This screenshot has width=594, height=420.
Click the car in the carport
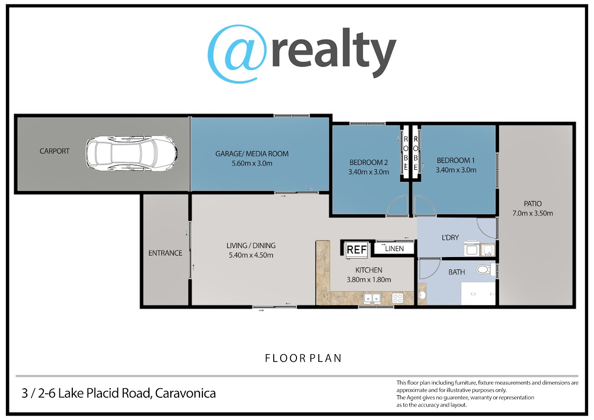(x=131, y=153)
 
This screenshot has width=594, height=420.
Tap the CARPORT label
(x=54, y=151)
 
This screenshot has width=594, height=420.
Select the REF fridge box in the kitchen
(x=357, y=250)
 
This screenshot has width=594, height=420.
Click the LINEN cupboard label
(x=395, y=249)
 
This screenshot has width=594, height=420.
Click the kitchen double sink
(x=372, y=298)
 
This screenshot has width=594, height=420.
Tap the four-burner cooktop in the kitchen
(x=397, y=298)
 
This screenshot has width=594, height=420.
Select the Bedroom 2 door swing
(x=397, y=205)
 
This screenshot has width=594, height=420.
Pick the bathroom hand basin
(x=422, y=295)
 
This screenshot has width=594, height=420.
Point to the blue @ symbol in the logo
(x=237, y=54)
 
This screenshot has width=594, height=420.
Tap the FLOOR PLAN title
(x=303, y=358)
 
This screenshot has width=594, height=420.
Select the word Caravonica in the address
(x=185, y=393)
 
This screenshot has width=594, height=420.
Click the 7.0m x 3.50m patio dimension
(x=533, y=213)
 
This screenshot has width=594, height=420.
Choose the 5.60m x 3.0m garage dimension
(x=252, y=163)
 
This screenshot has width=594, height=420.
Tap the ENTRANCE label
(x=165, y=253)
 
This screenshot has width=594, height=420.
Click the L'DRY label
(x=450, y=237)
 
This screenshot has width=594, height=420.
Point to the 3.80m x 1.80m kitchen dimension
(x=369, y=279)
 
